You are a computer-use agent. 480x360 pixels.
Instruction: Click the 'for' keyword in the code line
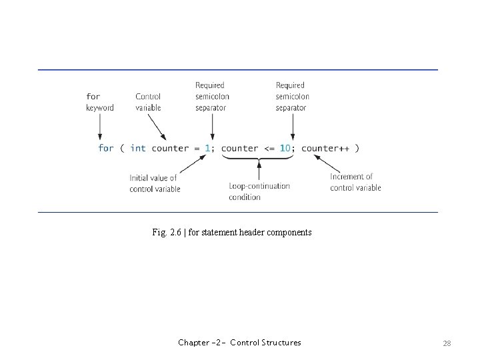click(106, 148)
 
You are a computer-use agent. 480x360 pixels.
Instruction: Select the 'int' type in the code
click(138, 148)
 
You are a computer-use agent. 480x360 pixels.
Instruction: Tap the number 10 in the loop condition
click(285, 148)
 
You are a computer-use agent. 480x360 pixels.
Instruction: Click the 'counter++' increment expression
click(325, 148)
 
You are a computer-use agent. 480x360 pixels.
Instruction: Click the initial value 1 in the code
click(207, 148)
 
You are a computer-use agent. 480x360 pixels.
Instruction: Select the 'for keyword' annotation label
click(99, 102)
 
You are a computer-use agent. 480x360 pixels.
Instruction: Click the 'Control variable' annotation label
click(148, 102)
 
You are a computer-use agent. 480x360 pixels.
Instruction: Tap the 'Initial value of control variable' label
click(155, 183)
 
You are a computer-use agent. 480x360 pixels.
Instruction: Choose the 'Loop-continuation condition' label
click(259, 191)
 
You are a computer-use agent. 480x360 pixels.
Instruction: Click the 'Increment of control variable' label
click(355, 183)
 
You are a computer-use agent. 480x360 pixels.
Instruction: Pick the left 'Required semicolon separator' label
click(212, 96)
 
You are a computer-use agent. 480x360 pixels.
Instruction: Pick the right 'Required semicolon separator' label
click(292, 96)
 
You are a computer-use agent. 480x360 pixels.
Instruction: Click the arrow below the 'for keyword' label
click(100, 125)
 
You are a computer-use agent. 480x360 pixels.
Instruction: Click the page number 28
click(447, 343)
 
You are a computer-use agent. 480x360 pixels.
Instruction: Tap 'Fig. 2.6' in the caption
click(166, 233)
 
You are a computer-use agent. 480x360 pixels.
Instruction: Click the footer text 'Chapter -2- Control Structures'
click(239, 343)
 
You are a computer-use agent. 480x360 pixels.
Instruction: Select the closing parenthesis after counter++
click(357, 148)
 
